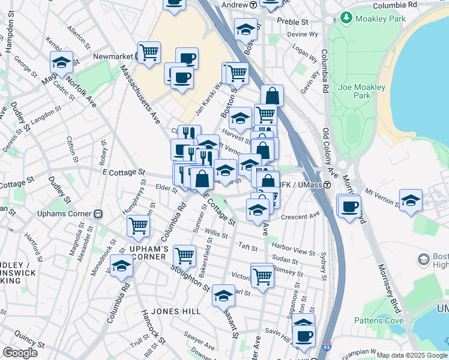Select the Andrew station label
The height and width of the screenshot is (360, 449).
coord(235,5)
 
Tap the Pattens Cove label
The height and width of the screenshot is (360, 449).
coord(379,320)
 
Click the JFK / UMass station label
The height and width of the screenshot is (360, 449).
coord(304,185)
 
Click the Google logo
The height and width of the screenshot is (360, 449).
coord(20,353)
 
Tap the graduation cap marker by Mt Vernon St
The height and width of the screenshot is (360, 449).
coord(411,199)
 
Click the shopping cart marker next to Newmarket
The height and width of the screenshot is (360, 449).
coord(148,52)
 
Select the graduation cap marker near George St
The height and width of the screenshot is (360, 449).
coord(62,61)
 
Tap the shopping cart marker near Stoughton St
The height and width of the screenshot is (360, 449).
coord(184,255)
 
